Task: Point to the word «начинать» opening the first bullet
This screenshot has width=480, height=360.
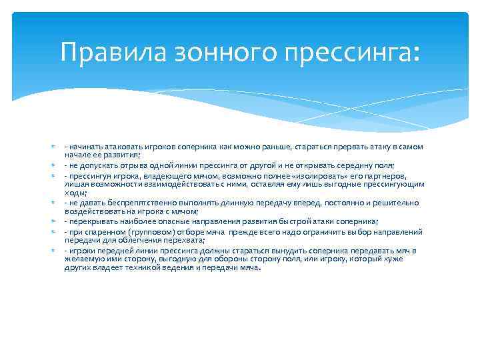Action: click(x=84, y=146)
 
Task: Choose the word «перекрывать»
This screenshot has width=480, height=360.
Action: click(x=91, y=221)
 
